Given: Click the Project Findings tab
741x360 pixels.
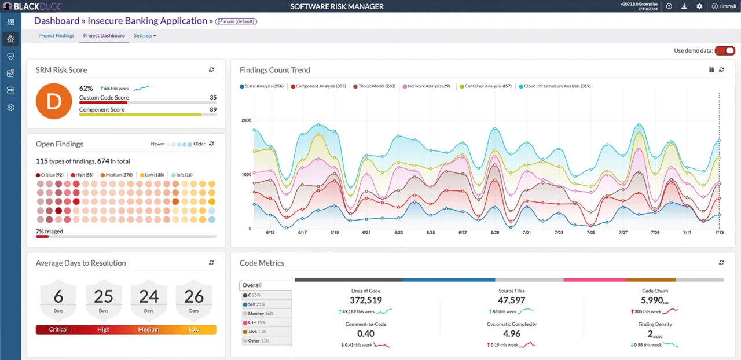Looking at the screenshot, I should tap(56, 36).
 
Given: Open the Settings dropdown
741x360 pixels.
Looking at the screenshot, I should tap(145, 36).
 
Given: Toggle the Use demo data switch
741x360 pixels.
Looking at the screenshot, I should tap(725, 51).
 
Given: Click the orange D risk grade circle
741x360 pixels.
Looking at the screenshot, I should tap(53, 101).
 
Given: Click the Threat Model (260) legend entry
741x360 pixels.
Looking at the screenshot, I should tap(374, 86).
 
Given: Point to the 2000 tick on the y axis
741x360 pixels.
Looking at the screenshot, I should tap(246, 120).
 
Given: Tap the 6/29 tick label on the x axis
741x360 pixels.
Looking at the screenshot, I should tap(494, 232).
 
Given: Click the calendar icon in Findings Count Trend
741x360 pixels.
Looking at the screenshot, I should tap(711, 70).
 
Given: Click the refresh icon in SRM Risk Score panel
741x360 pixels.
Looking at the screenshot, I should tap(211, 70).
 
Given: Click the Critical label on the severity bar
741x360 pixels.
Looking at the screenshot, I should tap(58, 330).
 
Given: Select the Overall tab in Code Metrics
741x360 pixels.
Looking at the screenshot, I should tap(252, 285).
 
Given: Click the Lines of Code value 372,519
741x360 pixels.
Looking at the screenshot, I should tap(366, 300).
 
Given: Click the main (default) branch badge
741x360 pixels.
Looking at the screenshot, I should tap(236, 21).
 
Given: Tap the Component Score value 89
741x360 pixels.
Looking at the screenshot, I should tap(213, 109).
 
